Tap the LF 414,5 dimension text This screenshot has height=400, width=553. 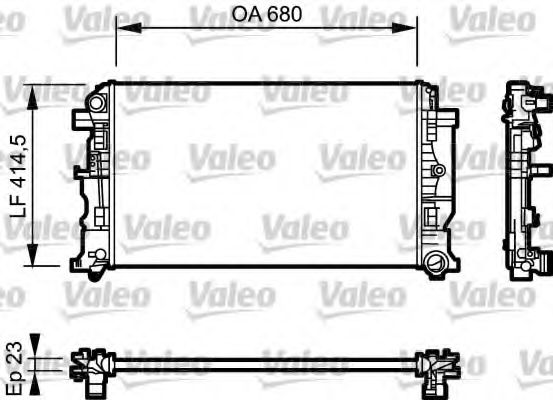coord(17,176)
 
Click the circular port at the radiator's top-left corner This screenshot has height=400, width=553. coord(96,103)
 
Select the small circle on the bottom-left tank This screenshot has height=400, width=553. coord(97,263)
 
